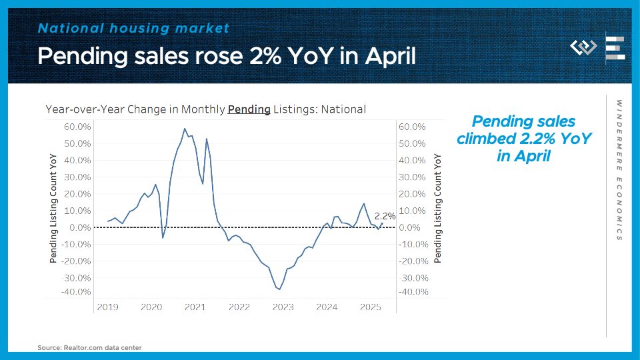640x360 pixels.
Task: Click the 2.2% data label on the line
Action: click(385, 216)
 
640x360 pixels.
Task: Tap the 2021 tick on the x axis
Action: click(195, 307)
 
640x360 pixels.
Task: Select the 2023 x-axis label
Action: click(283, 307)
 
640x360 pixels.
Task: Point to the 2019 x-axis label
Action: click(107, 307)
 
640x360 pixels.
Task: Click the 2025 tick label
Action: click(370, 307)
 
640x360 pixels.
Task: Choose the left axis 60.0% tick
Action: click(79, 127)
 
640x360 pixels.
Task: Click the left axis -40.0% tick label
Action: click(77, 292)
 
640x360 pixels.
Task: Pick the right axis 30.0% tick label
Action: click(412, 177)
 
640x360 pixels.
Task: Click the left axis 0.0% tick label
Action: click(81, 227)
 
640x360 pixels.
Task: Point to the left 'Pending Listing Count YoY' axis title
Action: click(54, 208)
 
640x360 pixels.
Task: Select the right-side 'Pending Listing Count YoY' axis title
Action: click(438, 208)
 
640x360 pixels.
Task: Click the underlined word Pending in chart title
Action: click(249, 109)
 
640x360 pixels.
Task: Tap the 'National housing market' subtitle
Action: click(133, 28)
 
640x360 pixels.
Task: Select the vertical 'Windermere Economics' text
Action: click(619, 170)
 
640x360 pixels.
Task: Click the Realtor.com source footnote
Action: click(89, 347)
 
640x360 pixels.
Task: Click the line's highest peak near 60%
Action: click(185, 128)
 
